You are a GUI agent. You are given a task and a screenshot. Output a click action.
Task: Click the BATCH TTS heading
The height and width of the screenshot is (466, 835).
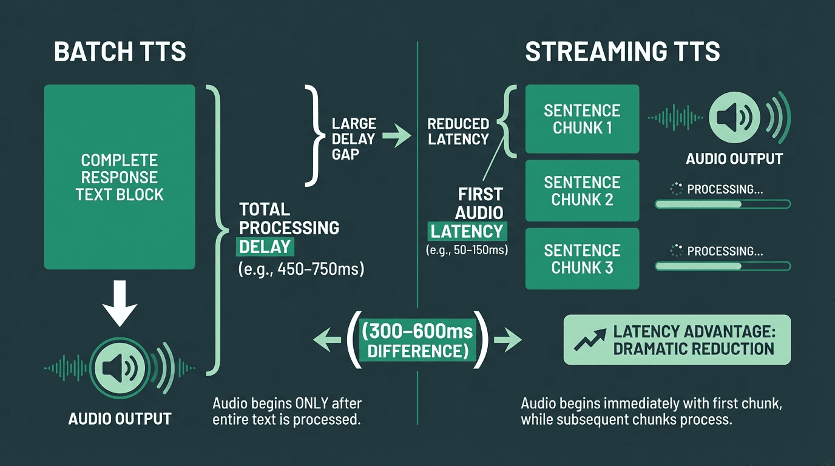[120, 52]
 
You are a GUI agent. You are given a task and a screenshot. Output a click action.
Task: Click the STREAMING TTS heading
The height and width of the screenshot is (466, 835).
[622, 52]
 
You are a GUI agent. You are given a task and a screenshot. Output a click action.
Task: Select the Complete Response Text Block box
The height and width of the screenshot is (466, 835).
[120, 177]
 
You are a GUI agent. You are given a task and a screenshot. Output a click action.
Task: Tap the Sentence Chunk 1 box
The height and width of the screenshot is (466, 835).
[582, 119]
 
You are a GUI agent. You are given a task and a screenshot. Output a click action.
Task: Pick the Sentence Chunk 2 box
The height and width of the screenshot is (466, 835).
[582, 191]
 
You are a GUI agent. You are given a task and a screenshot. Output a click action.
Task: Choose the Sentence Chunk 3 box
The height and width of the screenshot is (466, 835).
[582, 258]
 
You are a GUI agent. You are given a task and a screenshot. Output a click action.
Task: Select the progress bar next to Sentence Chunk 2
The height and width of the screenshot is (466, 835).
[722, 204]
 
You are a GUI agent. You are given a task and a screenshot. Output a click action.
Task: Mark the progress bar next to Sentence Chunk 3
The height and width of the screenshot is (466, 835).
[722, 266]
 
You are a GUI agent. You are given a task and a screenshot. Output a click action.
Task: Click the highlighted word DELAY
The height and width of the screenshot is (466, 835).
[265, 246]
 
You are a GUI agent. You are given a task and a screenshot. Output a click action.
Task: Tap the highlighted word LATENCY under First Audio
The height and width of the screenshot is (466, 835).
[467, 231]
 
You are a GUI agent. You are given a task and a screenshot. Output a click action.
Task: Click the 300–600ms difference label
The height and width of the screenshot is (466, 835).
[418, 341]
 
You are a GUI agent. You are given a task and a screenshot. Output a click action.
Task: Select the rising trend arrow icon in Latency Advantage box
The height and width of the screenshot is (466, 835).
[590, 340]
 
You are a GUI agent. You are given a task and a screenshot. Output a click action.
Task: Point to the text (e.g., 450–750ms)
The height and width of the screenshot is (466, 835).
[301, 269]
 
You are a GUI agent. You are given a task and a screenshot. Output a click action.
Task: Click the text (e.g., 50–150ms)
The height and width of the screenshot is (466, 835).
[467, 249]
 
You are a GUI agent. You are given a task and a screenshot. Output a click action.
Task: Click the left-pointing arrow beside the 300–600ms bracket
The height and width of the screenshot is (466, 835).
[326, 341]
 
